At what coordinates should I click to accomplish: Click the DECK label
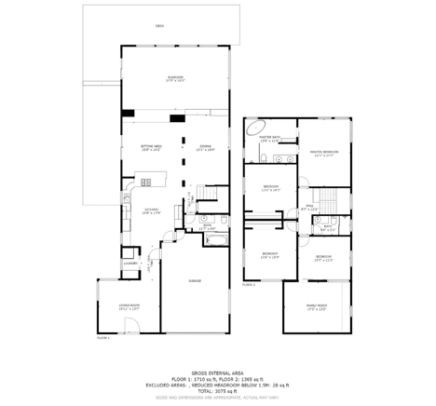tap(159, 27)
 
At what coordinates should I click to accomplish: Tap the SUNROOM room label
tap(175, 78)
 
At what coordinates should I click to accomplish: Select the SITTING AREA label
tap(151, 147)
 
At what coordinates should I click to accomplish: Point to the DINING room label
tap(205, 147)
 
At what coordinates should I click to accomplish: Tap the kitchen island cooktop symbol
tap(145, 179)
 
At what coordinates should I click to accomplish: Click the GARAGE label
tap(196, 280)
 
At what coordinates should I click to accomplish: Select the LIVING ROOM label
tap(129, 305)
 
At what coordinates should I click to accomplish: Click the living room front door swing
tap(133, 326)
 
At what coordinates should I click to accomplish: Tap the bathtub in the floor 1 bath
tap(214, 240)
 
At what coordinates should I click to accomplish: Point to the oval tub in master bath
tap(256, 130)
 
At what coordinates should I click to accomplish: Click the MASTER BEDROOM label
tap(324, 152)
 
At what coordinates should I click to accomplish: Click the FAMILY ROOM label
tap(317, 306)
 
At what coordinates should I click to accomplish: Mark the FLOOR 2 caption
tap(248, 284)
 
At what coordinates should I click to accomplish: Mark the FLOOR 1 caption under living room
tap(102, 337)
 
